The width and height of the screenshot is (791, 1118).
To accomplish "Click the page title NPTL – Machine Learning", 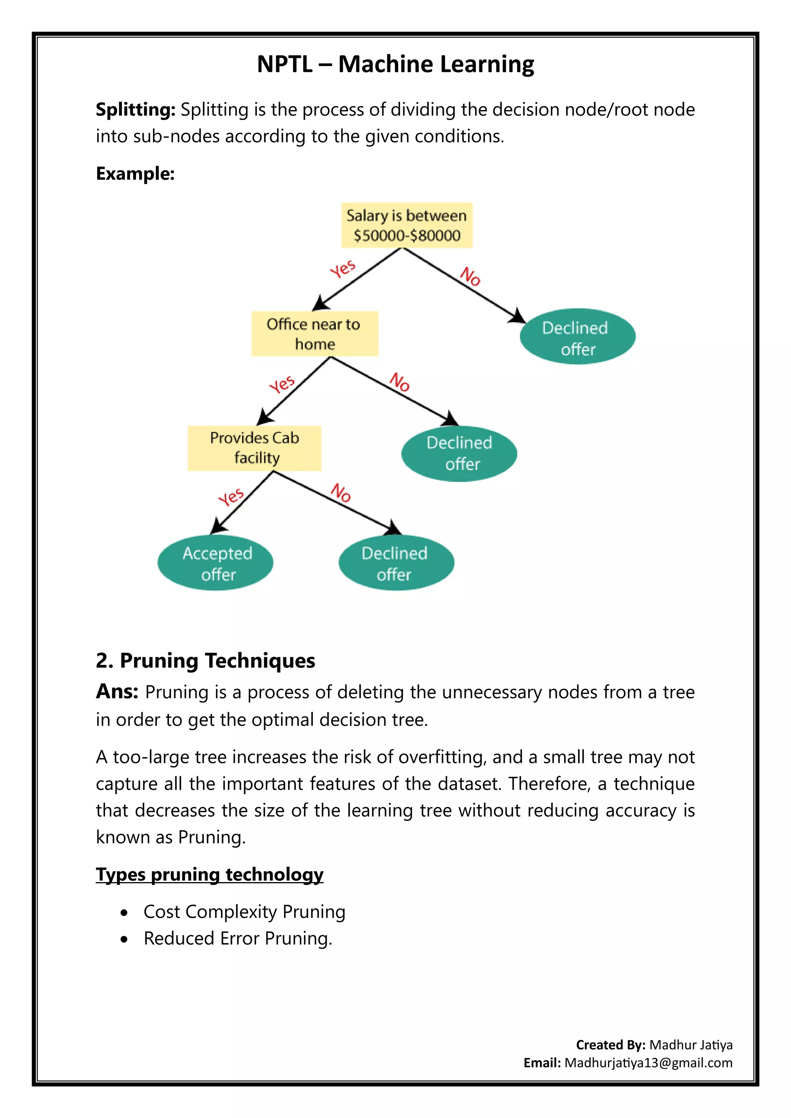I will (x=395, y=64).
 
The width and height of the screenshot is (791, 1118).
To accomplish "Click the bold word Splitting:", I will (x=136, y=110).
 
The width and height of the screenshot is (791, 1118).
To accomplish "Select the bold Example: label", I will (x=136, y=174).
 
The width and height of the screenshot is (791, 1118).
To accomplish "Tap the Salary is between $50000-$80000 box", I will (x=407, y=225).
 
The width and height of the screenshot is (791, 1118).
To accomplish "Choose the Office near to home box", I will (x=315, y=334).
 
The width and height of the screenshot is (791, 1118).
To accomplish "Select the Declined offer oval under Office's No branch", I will (x=459, y=453).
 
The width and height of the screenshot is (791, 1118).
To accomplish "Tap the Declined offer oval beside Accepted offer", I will (x=396, y=563).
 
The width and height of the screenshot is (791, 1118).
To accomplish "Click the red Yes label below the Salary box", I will (x=343, y=268).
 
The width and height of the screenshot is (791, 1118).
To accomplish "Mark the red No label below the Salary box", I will (x=470, y=276).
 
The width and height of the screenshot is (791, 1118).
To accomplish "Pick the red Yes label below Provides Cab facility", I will (x=231, y=497).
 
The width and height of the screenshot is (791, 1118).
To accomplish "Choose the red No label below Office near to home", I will (x=399, y=382).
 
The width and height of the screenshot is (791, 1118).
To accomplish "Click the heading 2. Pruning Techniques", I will (x=205, y=661).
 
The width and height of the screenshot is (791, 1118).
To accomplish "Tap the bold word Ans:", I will (x=117, y=691).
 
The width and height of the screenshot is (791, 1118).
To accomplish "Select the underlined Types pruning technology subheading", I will (x=209, y=874).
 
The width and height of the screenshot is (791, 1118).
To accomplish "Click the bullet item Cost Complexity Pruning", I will (x=244, y=912).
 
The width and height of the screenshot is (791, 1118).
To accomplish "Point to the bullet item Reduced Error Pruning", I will (x=238, y=939).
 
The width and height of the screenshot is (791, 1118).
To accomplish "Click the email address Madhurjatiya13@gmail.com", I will (x=648, y=1063).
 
